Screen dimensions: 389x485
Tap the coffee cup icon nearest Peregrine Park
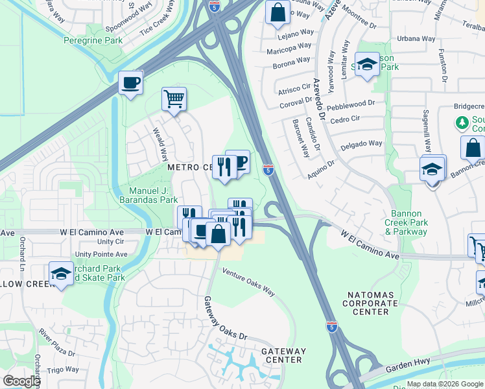(130, 83)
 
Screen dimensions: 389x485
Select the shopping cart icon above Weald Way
(174, 100)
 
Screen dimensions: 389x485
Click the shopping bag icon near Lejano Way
(278, 12)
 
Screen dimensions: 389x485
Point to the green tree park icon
(462, 122)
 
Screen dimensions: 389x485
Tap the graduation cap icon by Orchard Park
(61, 273)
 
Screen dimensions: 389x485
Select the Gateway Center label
(283, 355)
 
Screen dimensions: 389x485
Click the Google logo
(21, 381)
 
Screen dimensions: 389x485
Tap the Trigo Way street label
(63, 370)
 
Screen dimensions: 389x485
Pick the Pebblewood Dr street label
(351, 102)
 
